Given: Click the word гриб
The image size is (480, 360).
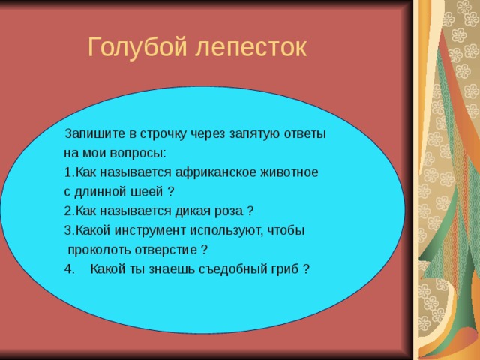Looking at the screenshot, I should pos(282,269).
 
